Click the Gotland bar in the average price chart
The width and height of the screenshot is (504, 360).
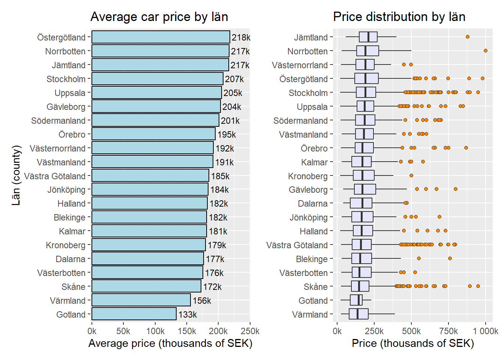pos(134,314)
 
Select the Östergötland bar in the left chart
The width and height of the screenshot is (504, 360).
pos(160,37)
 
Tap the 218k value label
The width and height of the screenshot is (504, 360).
pos(241,37)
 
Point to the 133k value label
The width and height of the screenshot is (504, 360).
pos(187,315)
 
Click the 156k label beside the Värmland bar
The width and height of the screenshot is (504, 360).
pos(202,301)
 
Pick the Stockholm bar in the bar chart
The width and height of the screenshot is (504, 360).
pos(157,79)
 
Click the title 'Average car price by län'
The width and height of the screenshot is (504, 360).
pos(159,17)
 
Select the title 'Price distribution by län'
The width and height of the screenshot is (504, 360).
pos(399,17)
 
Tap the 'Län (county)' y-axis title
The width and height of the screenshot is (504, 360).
pos(16,175)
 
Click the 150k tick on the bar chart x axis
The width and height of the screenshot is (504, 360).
pos(187,331)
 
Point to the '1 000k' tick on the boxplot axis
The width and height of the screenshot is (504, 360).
pos(485,331)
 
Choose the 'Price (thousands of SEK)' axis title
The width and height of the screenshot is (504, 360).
pos(412,343)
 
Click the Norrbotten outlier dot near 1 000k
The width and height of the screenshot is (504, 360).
pos(485,51)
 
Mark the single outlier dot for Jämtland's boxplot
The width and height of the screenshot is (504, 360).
pos(467,37)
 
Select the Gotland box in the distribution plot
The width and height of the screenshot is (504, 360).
pos(356,300)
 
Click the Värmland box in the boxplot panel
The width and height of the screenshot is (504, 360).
pos(358,314)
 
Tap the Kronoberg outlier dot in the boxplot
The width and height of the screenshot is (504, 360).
pos(411,175)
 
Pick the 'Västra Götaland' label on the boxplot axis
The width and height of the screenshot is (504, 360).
pos(297,245)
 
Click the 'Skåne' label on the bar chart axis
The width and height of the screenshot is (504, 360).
pos(73,287)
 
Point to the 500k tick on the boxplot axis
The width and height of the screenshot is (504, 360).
pos(411,331)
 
